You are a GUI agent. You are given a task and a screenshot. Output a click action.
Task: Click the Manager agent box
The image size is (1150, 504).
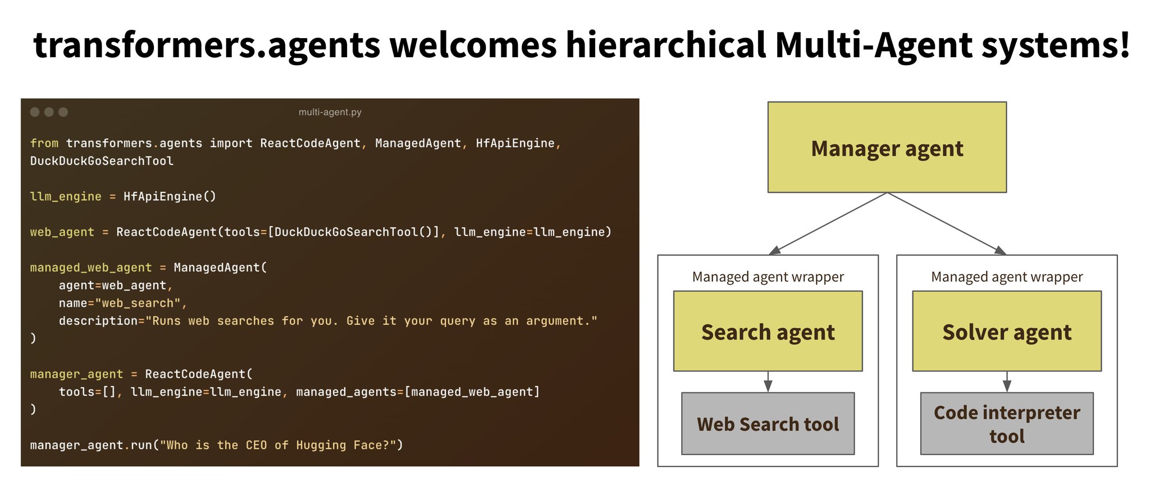tap(887, 147)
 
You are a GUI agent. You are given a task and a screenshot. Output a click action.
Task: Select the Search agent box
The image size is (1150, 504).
tap(768, 331)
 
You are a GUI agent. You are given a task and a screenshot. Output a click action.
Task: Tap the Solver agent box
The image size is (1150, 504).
tap(1007, 331)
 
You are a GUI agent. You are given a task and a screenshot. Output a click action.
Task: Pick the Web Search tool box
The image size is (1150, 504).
tap(768, 424)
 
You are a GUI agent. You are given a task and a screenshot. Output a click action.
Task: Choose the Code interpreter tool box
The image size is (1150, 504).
tap(1007, 424)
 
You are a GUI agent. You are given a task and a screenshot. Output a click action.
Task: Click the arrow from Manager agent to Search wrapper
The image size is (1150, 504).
tap(828, 224)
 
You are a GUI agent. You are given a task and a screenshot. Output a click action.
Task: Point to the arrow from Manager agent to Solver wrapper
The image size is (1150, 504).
tap(947, 224)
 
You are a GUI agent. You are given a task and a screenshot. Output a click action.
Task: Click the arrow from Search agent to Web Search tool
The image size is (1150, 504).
tap(768, 382)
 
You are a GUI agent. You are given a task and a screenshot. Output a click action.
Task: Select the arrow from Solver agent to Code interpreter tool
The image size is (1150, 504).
tap(1007, 382)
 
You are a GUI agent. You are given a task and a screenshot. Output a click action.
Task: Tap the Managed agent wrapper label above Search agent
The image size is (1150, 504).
tap(768, 277)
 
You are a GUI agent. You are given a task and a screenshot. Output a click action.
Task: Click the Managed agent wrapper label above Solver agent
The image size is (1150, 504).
tap(1007, 277)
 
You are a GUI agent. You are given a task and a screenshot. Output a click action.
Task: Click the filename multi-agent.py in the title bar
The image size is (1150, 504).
tap(330, 112)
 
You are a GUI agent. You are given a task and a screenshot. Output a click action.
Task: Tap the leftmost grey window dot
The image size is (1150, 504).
tap(35, 112)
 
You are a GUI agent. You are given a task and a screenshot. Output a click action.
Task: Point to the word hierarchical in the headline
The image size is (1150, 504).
tap(666, 45)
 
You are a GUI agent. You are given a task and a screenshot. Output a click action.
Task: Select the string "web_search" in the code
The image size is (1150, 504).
tap(138, 303)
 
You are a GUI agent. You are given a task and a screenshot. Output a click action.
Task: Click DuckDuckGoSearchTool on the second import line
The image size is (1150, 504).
tap(102, 161)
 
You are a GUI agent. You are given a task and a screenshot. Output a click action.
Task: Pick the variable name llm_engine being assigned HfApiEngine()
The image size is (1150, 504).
tap(66, 196)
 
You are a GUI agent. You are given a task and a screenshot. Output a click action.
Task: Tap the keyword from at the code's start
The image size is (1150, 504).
tap(44, 143)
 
